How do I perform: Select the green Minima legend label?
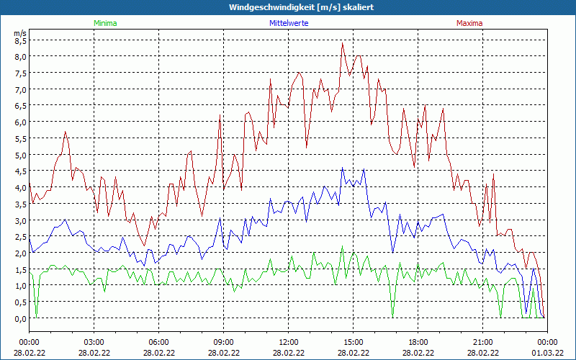pyautogui.click(x=105, y=23)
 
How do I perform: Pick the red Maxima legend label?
pyautogui.click(x=470, y=23)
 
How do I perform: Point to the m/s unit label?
pyautogui.click(x=20, y=33)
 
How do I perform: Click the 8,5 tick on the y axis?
pyautogui.click(x=20, y=40)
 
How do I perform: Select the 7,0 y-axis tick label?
pyautogui.click(x=20, y=89)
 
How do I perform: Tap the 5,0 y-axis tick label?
pyautogui.click(x=20, y=155)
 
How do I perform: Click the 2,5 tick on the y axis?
pyautogui.click(x=20, y=237)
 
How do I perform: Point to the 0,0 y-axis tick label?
pyautogui.click(x=20, y=318)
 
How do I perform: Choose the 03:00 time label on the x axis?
pyautogui.click(x=94, y=342)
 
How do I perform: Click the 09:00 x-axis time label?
pyautogui.click(x=223, y=342)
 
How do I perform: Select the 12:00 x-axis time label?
pyautogui.click(x=288, y=342)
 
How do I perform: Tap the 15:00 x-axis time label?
pyautogui.click(x=353, y=342)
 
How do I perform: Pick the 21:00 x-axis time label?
pyautogui.click(x=482, y=342)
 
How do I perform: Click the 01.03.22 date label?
pyautogui.click(x=547, y=353)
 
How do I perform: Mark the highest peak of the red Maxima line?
pyautogui.click(x=343, y=43)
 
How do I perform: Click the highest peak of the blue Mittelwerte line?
pyautogui.click(x=343, y=168)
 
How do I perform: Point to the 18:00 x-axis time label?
pyautogui.click(x=418, y=342)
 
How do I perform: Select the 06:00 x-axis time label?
pyautogui.click(x=158, y=342)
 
